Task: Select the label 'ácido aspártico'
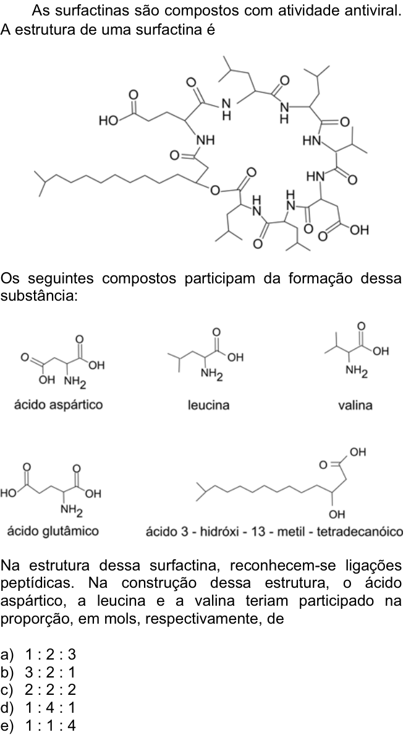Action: [x=59, y=405]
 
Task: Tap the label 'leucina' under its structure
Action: [x=208, y=405]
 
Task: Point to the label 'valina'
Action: [x=355, y=405]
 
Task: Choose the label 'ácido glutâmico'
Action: [x=53, y=531]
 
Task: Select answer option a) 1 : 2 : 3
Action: [x=38, y=655]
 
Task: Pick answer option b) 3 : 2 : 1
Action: [x=38, y=673]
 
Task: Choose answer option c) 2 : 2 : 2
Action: [x=38, y=690]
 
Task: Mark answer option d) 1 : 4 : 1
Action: [x=38, y=708]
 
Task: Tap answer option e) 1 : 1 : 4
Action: [x=38, y=725]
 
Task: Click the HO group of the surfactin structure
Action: [x=108, y=121]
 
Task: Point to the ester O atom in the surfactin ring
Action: [x=215, y=191]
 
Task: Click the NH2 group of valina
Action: [x=357, y=372]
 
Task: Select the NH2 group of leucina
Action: [x=211, y=375]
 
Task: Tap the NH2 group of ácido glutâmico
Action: [x=72, y=510]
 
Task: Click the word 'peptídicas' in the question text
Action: [x=37, y=583]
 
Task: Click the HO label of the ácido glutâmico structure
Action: [x=7, y=494]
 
